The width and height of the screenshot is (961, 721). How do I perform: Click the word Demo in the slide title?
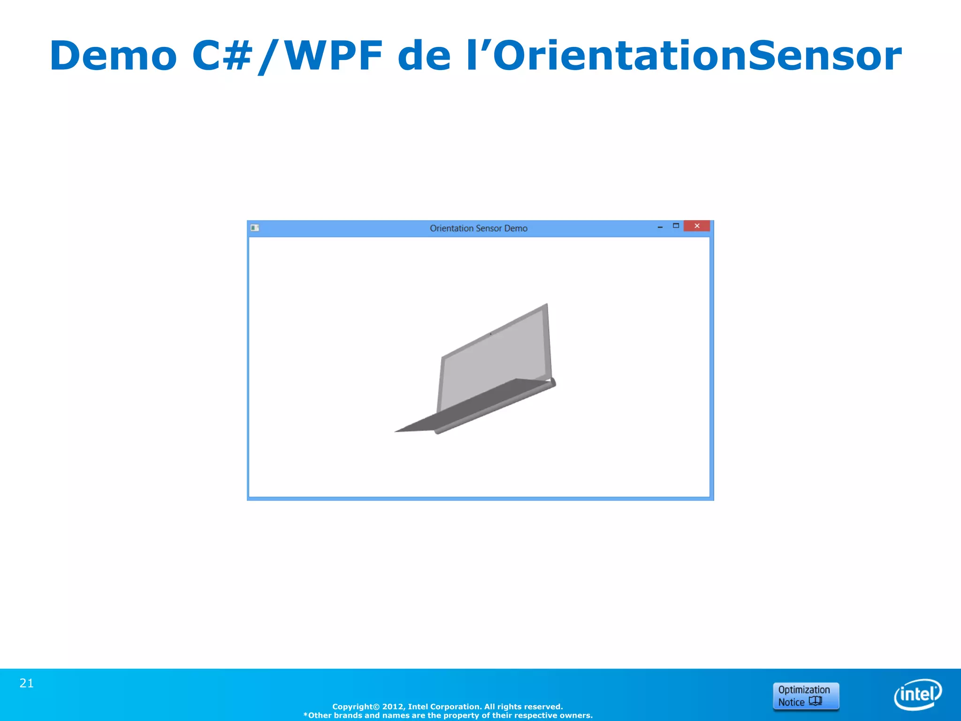(x=113, y=56)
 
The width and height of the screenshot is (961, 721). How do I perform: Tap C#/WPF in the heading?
(x=287, y=56)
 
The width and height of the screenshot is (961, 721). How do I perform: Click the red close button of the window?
(x=697, y=226)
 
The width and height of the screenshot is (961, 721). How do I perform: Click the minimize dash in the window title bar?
(x=660, y=227)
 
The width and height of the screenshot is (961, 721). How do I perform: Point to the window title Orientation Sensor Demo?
(x=479, y=228)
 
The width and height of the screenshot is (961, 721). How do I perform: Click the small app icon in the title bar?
(x=255, y=228)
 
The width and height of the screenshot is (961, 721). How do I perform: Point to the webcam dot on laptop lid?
(x=491, y=334)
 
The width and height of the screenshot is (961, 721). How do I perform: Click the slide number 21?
(x=27, y=683)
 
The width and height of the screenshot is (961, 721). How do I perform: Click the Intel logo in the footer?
(x=918, y=694)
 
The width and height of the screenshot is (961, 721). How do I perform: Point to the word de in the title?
(x=424, y=56)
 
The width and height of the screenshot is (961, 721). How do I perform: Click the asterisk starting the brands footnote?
(x=305, y=715)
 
